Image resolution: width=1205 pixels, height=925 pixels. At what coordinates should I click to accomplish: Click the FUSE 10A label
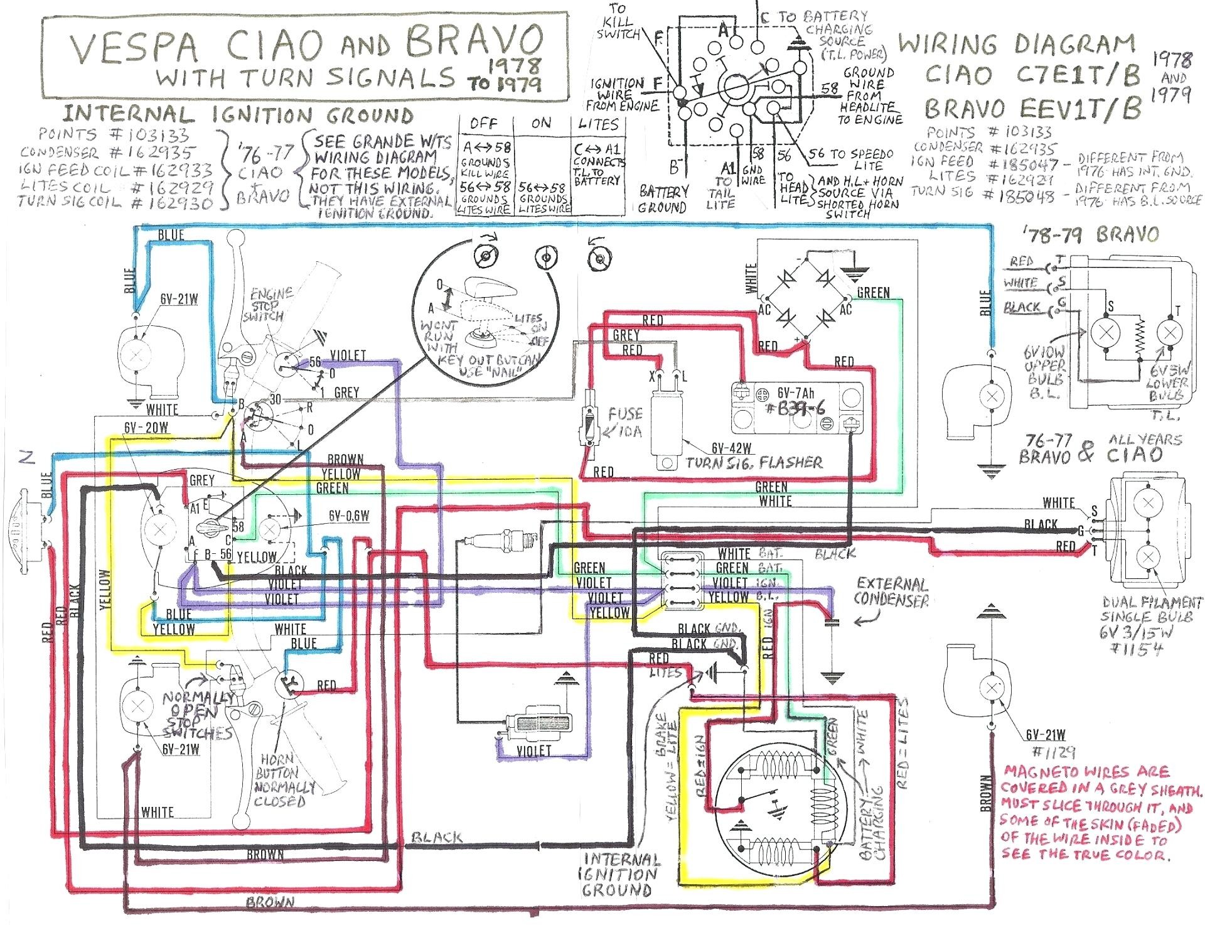[624, 422]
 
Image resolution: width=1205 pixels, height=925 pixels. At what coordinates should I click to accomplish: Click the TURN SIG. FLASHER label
[753, 463]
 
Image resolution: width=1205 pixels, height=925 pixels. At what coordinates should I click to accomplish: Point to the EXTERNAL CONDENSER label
[891, 592]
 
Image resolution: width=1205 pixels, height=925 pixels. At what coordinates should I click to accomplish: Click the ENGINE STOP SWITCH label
[269, 305]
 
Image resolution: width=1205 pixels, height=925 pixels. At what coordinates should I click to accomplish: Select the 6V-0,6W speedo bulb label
[348, 516]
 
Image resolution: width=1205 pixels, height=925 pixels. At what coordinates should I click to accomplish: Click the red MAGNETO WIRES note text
[1101, 813]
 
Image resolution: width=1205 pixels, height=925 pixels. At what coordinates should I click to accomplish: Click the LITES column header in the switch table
[598, 124]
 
